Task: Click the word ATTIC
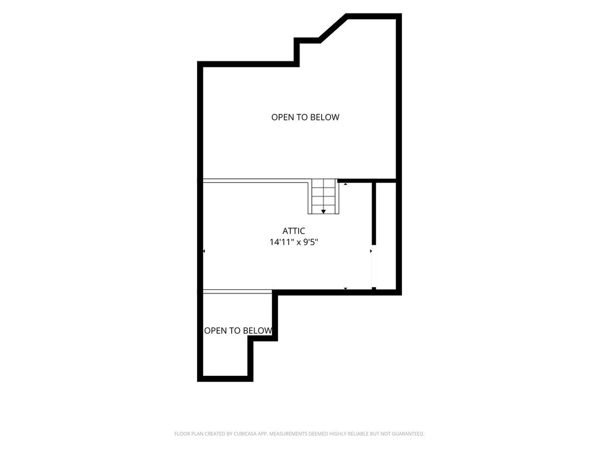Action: pos(294,231)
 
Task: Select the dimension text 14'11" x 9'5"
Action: pos(294,242)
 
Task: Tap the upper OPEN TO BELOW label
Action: pos(305,117)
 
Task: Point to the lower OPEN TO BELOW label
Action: pos(239,331)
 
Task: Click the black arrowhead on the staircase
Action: pos(323,212)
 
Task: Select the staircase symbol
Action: pos(323,196)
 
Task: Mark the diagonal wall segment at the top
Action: pos(333,27)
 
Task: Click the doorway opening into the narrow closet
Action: pos(374,266)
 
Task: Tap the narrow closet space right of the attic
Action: pos(386,235)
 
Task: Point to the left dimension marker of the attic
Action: pos(204,251)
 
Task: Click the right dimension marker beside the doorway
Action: pos(370,251)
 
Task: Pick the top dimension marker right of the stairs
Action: pos(345,184)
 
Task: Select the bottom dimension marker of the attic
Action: pos(345,289)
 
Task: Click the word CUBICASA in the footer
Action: pos(245,434)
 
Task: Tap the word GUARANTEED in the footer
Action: pos(409,434)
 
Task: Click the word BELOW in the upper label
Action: pos(325,117)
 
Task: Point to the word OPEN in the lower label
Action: pos(216,331)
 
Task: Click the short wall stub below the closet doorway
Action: pos(374,289)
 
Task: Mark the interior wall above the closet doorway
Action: pos(374,214)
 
